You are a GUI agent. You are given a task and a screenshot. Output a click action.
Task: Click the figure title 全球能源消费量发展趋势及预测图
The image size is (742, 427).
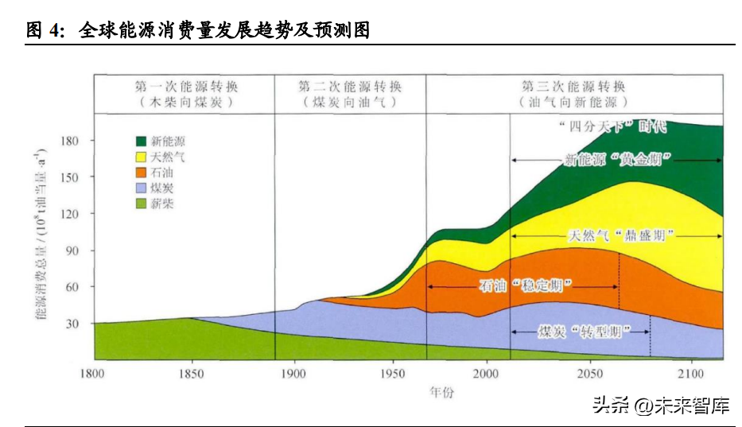(225, 30)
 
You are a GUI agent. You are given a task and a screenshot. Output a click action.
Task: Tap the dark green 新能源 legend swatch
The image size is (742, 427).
(142, 140)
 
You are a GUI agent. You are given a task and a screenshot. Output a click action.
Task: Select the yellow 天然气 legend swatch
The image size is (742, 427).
(142, 156)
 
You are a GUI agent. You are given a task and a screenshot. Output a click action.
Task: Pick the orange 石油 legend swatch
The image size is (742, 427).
(142, 172)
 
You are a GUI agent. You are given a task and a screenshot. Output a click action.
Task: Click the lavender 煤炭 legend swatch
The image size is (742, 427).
(142, 188)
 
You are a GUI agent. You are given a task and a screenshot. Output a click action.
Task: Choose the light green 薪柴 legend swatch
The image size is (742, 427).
(142, 204)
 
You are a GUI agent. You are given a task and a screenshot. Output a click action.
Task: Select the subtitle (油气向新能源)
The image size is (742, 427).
(573, 103)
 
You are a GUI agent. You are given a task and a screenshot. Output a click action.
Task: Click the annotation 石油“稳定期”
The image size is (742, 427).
(526, 285)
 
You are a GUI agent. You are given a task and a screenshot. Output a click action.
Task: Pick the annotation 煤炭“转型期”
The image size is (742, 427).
(584, 331)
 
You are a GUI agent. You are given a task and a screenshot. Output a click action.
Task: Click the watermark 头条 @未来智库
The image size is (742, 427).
(661, 406)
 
